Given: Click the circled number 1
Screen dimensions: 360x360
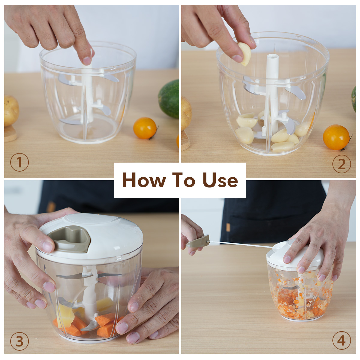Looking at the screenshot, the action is (x=19, y=162).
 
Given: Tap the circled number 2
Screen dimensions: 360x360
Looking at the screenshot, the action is (x=342, y=164).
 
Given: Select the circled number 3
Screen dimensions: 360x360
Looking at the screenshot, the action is (x=19, y=341).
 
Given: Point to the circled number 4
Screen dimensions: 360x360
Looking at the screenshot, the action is (x=342, y=340).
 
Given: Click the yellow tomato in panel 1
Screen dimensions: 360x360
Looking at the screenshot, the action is (x=145, y=128).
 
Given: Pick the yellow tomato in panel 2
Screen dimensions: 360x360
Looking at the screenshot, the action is (x=336, y=137).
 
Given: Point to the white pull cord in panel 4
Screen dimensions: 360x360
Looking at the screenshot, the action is (x=241, y=244).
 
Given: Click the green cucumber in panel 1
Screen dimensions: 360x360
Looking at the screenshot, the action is (x=169, y=99).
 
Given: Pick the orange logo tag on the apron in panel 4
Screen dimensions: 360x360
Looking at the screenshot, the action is (x=228, y=227).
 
